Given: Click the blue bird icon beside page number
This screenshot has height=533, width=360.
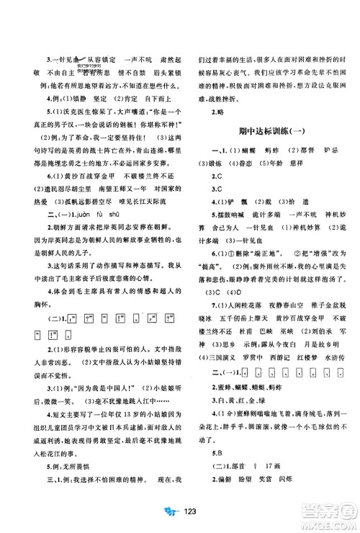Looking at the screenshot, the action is click(167, 521).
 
